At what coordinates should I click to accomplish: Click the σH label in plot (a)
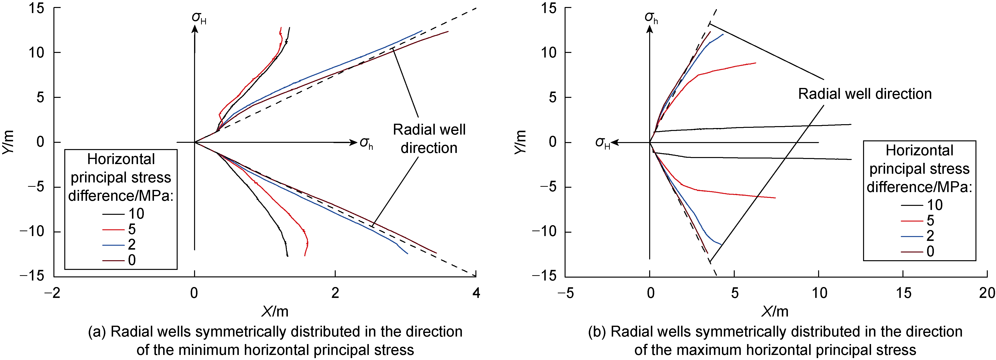199,18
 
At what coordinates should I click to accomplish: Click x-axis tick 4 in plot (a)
476,293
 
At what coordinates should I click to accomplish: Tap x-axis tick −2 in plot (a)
53,293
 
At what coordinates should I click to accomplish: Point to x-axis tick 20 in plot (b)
987,293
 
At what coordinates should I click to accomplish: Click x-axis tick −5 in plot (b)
565,293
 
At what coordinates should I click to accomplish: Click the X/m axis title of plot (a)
275,311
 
